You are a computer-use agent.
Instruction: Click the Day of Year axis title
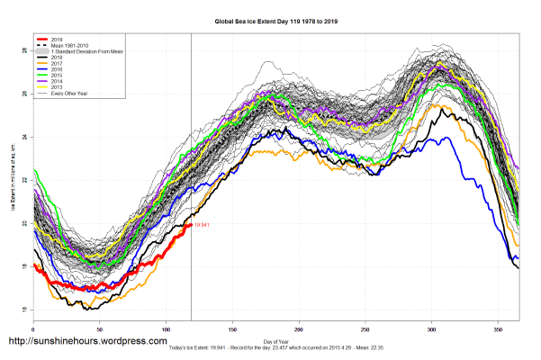(x=276, y=340)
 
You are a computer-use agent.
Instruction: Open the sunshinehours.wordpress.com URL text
(x=87, y=342)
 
